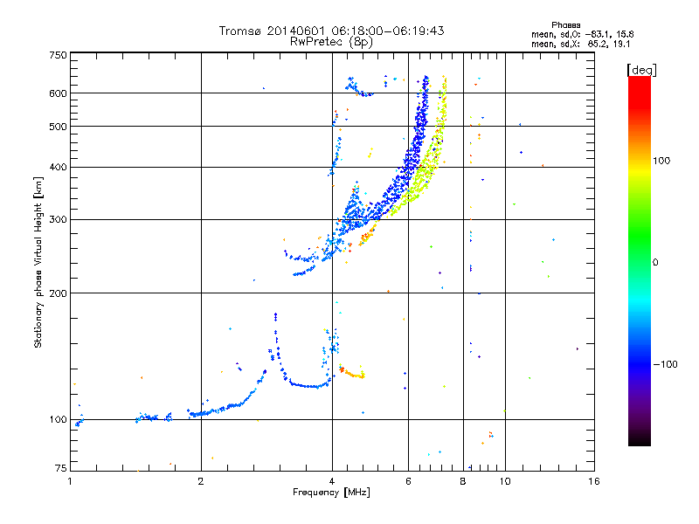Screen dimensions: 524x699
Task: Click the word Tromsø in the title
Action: (239, 31)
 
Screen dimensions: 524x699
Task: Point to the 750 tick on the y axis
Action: (58, 55)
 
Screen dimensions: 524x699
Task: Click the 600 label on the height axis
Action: (58, 93)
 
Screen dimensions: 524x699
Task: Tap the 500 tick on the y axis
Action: (58, 126)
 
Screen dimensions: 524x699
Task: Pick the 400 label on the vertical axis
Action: (58, 167)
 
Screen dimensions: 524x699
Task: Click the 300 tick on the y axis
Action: (58, 219)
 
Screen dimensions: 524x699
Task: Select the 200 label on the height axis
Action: (58, 293)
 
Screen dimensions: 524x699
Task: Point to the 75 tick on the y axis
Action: (60, 470)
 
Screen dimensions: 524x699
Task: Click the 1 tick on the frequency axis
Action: (71, 480)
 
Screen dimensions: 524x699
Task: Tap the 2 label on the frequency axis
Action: (201, 480)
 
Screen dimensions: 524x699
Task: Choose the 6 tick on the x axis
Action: (408, 480)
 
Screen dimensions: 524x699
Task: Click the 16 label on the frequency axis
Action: (592, 480)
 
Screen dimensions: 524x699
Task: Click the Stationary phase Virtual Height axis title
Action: (38, 262)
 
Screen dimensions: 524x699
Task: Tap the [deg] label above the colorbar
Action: (642, 69)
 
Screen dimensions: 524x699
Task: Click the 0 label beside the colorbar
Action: (655, 262)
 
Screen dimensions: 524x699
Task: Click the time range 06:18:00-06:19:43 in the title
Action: (383, 31)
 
